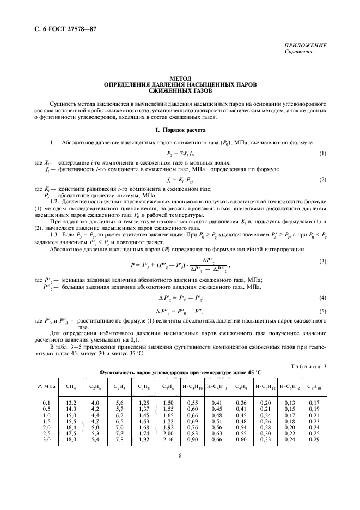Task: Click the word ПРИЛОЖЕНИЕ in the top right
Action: coord(306,46)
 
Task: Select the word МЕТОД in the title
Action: coord(180,78)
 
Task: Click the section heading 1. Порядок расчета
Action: coord(180,131)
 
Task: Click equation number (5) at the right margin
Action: coord(323,311)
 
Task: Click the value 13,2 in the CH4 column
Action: coord(71,402)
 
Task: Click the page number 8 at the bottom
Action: coord(180,459)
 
